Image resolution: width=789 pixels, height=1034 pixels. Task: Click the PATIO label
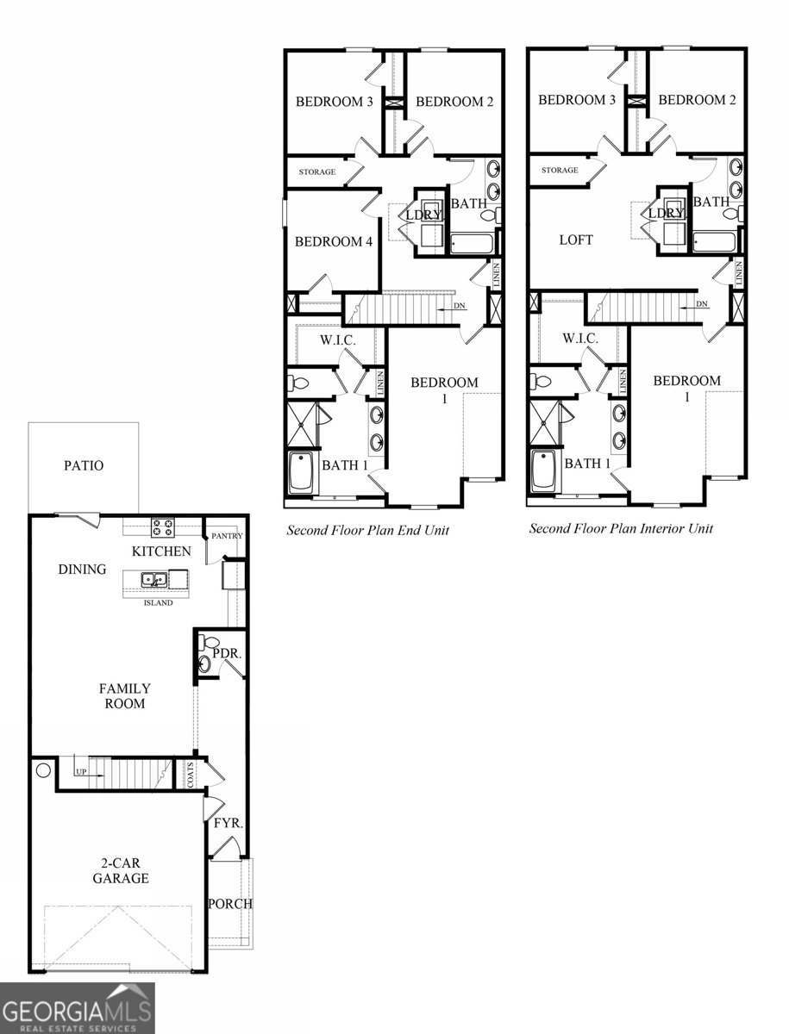[x=84, y=466]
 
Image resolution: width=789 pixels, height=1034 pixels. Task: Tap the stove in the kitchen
[x=162, y=526]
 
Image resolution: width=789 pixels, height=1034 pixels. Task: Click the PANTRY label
[x=226, y=536]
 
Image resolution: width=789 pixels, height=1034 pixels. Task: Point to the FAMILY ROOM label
[x=124, y=696]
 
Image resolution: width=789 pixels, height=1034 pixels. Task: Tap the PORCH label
[x=229, y=904]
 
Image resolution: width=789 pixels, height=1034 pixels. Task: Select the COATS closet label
[x=191, y=773]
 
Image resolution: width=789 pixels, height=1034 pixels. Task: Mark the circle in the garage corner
[x=42, y=770]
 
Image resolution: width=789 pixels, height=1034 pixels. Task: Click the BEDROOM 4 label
[x=333, y=242]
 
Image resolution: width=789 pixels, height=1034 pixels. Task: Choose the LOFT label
[x=576, y=240]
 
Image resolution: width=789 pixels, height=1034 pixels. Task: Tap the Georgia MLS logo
[x=78, y=1008]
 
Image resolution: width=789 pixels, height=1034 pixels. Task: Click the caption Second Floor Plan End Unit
[x=368, y=531]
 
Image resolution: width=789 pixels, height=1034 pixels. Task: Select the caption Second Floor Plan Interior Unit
[x=621, y=528]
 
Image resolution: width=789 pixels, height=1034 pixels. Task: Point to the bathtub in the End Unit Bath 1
[x=301, y=472]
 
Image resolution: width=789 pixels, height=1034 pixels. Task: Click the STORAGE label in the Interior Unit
[x=560, y=171]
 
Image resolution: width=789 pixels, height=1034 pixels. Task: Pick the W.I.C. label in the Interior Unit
[x=580, y=339]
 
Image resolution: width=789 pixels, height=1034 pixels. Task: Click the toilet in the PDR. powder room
[x=208, y=642]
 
